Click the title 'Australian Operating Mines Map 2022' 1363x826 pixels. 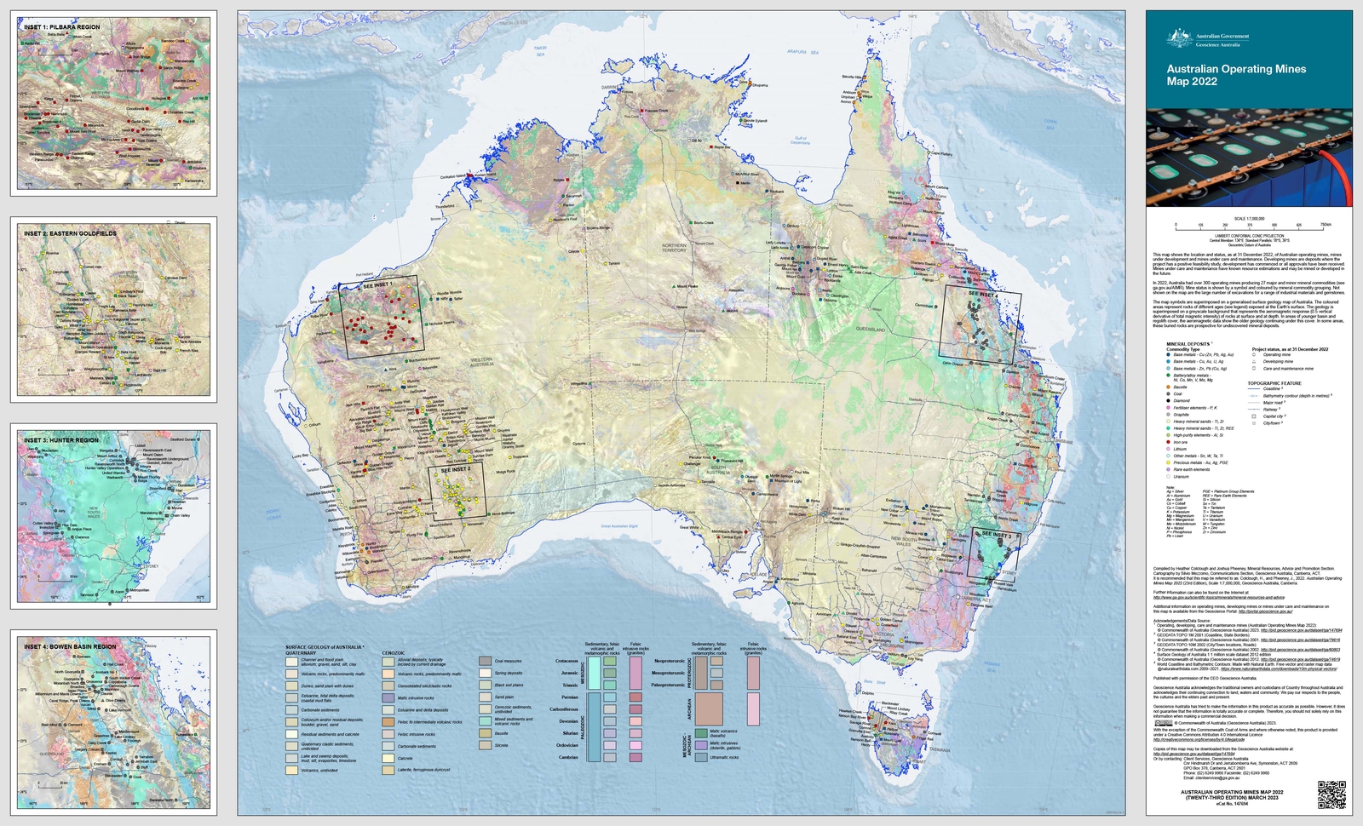pos(1235,75)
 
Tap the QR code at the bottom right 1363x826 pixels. pos(1331,794)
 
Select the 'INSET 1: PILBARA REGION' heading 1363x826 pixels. pos(62,27)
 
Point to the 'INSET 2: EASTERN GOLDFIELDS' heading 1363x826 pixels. pos(71,233)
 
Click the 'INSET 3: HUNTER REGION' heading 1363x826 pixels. pos(61,440)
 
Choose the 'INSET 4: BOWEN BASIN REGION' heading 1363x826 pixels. pos(71,646)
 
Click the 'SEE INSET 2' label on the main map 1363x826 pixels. pos(456,469)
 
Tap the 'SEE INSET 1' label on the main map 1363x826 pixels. pos(378,284)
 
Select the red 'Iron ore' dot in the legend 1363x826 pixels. pos(1168,442)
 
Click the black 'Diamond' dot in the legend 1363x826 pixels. pos(1168,400)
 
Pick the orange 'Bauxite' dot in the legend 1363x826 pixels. pos(1168,387)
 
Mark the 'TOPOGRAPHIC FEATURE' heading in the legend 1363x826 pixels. pos(1274,383)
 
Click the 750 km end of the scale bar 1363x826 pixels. pos(1325,226)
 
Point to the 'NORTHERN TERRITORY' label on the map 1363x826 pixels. pos(674,248)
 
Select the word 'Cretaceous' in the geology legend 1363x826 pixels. pos(566,661)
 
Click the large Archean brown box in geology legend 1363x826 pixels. pos(709,708)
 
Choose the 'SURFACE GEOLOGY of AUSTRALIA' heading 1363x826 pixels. pos(324,647)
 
